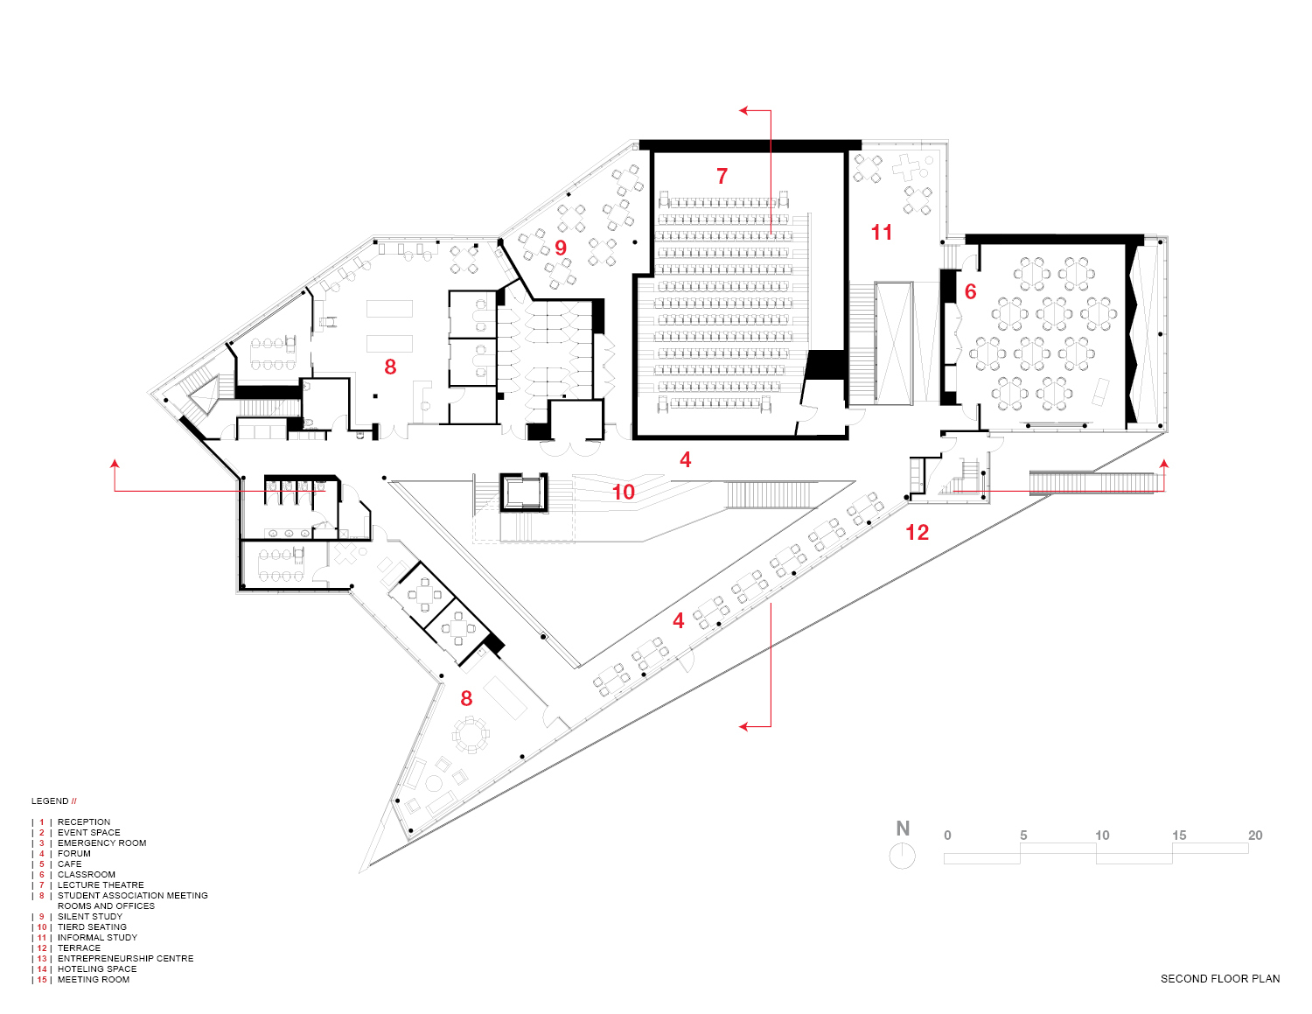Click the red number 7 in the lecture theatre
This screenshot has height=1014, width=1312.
[722, 176]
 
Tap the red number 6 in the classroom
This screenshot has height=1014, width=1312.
[970, 291]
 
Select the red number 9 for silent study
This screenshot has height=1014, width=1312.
[561, 248]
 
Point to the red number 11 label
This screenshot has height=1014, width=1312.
[882, 232]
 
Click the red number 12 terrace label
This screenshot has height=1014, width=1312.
[917, 532]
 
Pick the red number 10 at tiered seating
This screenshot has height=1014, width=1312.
[623, 492]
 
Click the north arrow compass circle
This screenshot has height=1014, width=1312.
[903, 856]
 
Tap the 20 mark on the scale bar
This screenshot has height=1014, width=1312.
[1255, 836]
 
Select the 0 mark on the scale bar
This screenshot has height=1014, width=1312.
[947, 836]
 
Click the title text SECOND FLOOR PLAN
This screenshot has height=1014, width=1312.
[1219, 978]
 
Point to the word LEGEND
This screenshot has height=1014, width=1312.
[50, 801]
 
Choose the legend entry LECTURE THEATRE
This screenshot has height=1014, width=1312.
[101, 885]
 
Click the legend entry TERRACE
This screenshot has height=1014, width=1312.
[79, 948]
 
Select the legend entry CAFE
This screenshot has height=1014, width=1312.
[69, 864]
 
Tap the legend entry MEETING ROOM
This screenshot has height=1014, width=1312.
[94, 979]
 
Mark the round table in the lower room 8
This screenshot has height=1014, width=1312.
[471, 735]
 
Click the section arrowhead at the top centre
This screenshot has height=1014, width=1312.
[744, 111]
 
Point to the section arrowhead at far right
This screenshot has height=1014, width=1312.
[1163, 463]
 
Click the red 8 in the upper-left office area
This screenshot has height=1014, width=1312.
[390, 367]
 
